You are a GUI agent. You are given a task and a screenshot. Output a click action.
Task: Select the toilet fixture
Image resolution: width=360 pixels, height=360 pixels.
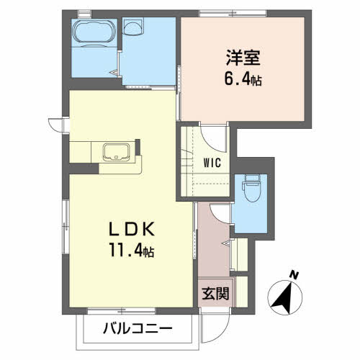[x=251, y=188]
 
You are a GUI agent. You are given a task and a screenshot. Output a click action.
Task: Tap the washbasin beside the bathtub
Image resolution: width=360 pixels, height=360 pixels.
[x=132, y=29]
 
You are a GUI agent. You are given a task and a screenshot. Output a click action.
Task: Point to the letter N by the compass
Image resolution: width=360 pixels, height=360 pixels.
[x=293, y=274]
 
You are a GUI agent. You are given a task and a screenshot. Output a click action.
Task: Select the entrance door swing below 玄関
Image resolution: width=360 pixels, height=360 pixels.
[x=214, y=324]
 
